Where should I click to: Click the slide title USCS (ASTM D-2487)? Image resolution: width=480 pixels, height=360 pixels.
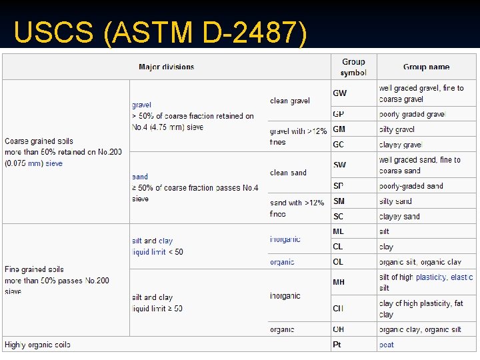160,33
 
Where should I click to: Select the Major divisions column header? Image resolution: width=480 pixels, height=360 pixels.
167,67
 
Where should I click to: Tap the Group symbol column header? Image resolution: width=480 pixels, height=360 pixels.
353,67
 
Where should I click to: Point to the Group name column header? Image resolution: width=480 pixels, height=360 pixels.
427,67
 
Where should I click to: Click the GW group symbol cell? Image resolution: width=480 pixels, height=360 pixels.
340,93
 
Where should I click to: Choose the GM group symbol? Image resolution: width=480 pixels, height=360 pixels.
339,129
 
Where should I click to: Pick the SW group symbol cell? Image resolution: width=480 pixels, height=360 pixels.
340,165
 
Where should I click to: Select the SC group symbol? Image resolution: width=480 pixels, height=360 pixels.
339,216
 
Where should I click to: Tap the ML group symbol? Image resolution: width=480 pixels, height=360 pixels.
339,231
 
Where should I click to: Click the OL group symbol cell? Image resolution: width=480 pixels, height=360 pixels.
339,262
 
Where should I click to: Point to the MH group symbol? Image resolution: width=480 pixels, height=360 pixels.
339,282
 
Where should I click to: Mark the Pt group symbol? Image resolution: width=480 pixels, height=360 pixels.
337,345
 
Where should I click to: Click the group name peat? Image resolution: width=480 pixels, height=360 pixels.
387,345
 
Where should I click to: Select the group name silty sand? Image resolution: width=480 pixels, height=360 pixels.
396,201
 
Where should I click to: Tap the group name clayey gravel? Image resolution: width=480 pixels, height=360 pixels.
401,145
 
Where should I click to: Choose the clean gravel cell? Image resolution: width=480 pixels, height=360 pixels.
290,101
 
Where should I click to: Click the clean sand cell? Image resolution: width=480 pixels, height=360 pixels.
288,173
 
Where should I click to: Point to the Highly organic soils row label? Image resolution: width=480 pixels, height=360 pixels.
37,345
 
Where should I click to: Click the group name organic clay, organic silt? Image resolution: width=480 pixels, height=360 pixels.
420,329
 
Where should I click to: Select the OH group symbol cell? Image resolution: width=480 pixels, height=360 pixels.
339,329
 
